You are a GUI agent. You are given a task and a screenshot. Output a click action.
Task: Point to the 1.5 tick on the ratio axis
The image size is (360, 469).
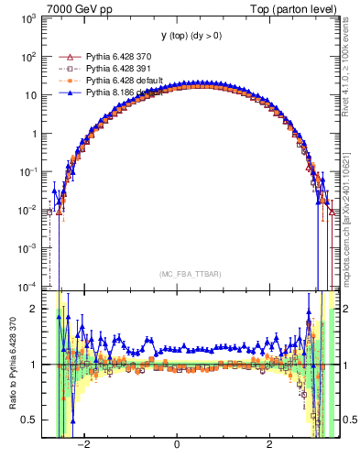(x=30, y=336)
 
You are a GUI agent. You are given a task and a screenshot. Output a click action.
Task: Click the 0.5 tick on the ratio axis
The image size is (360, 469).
(x=30, y=420)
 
